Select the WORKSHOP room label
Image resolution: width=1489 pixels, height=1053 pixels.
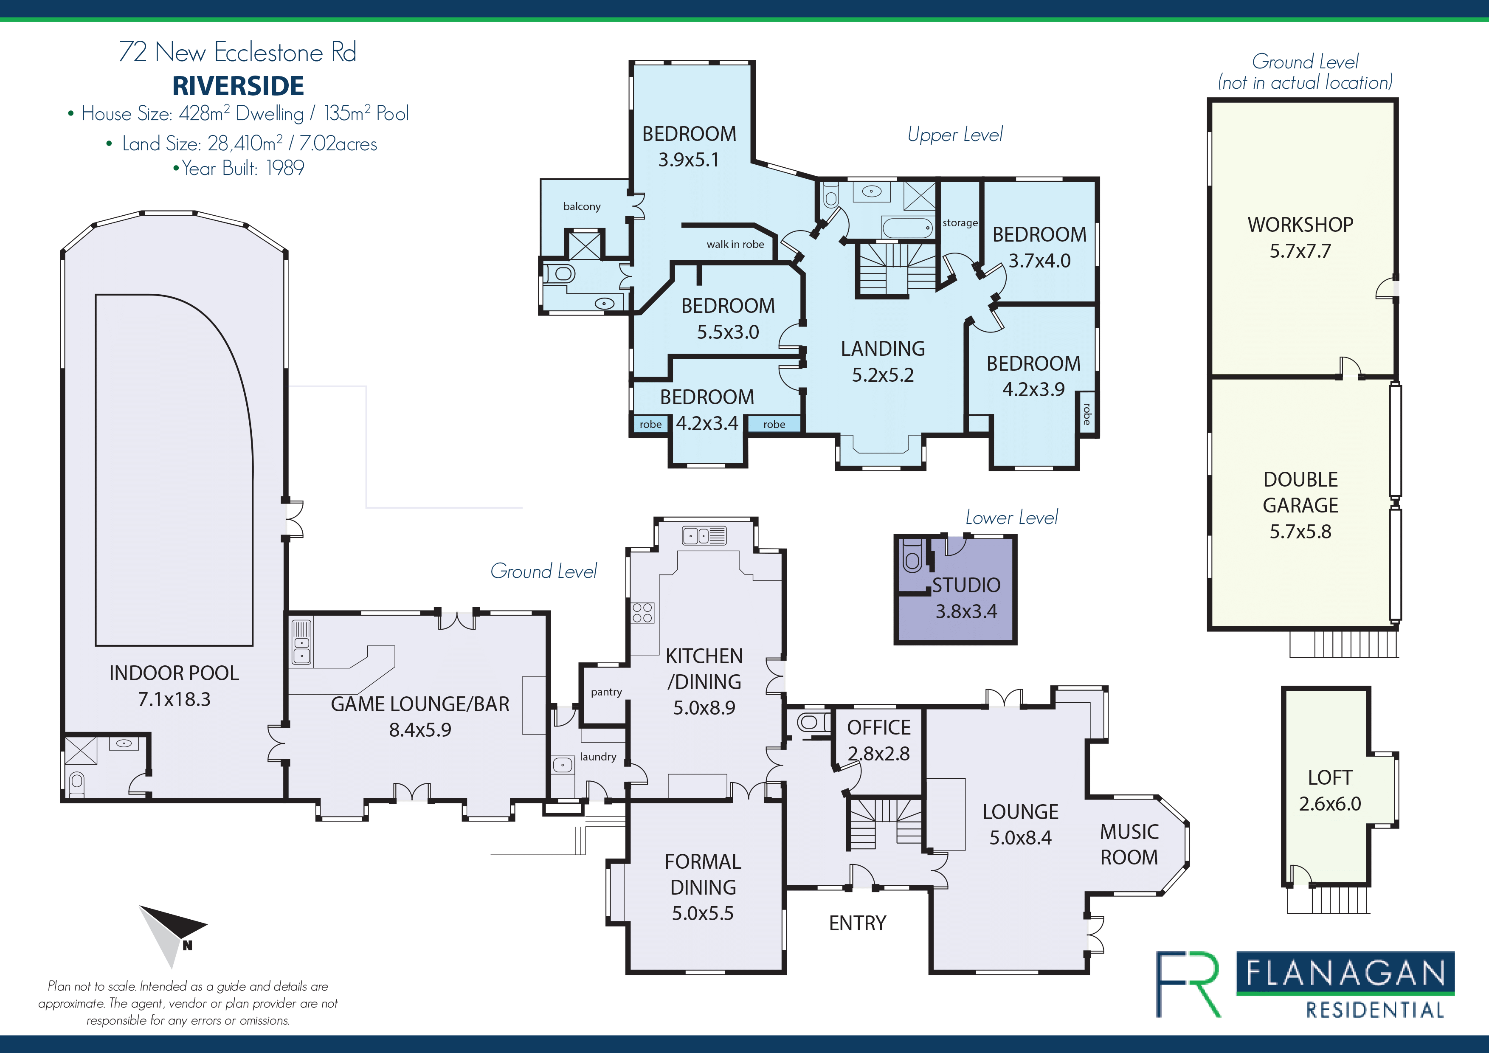1300,224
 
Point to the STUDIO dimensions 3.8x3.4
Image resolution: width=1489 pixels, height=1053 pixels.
966,611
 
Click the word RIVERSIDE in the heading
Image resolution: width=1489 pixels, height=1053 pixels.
238,86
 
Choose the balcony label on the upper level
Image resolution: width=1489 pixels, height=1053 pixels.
582,206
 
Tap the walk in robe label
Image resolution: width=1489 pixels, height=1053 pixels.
735,245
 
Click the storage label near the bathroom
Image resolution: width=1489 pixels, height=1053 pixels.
960,223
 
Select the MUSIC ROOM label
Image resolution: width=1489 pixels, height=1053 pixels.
1129,844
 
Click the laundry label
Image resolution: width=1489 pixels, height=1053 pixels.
598,757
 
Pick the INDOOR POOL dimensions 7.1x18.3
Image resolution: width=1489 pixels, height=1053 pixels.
174,699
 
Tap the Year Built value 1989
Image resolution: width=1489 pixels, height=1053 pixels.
285,168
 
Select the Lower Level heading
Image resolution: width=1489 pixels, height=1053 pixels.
1012,518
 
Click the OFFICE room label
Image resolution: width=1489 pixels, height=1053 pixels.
879,727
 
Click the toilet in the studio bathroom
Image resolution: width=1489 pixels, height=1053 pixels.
912,556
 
